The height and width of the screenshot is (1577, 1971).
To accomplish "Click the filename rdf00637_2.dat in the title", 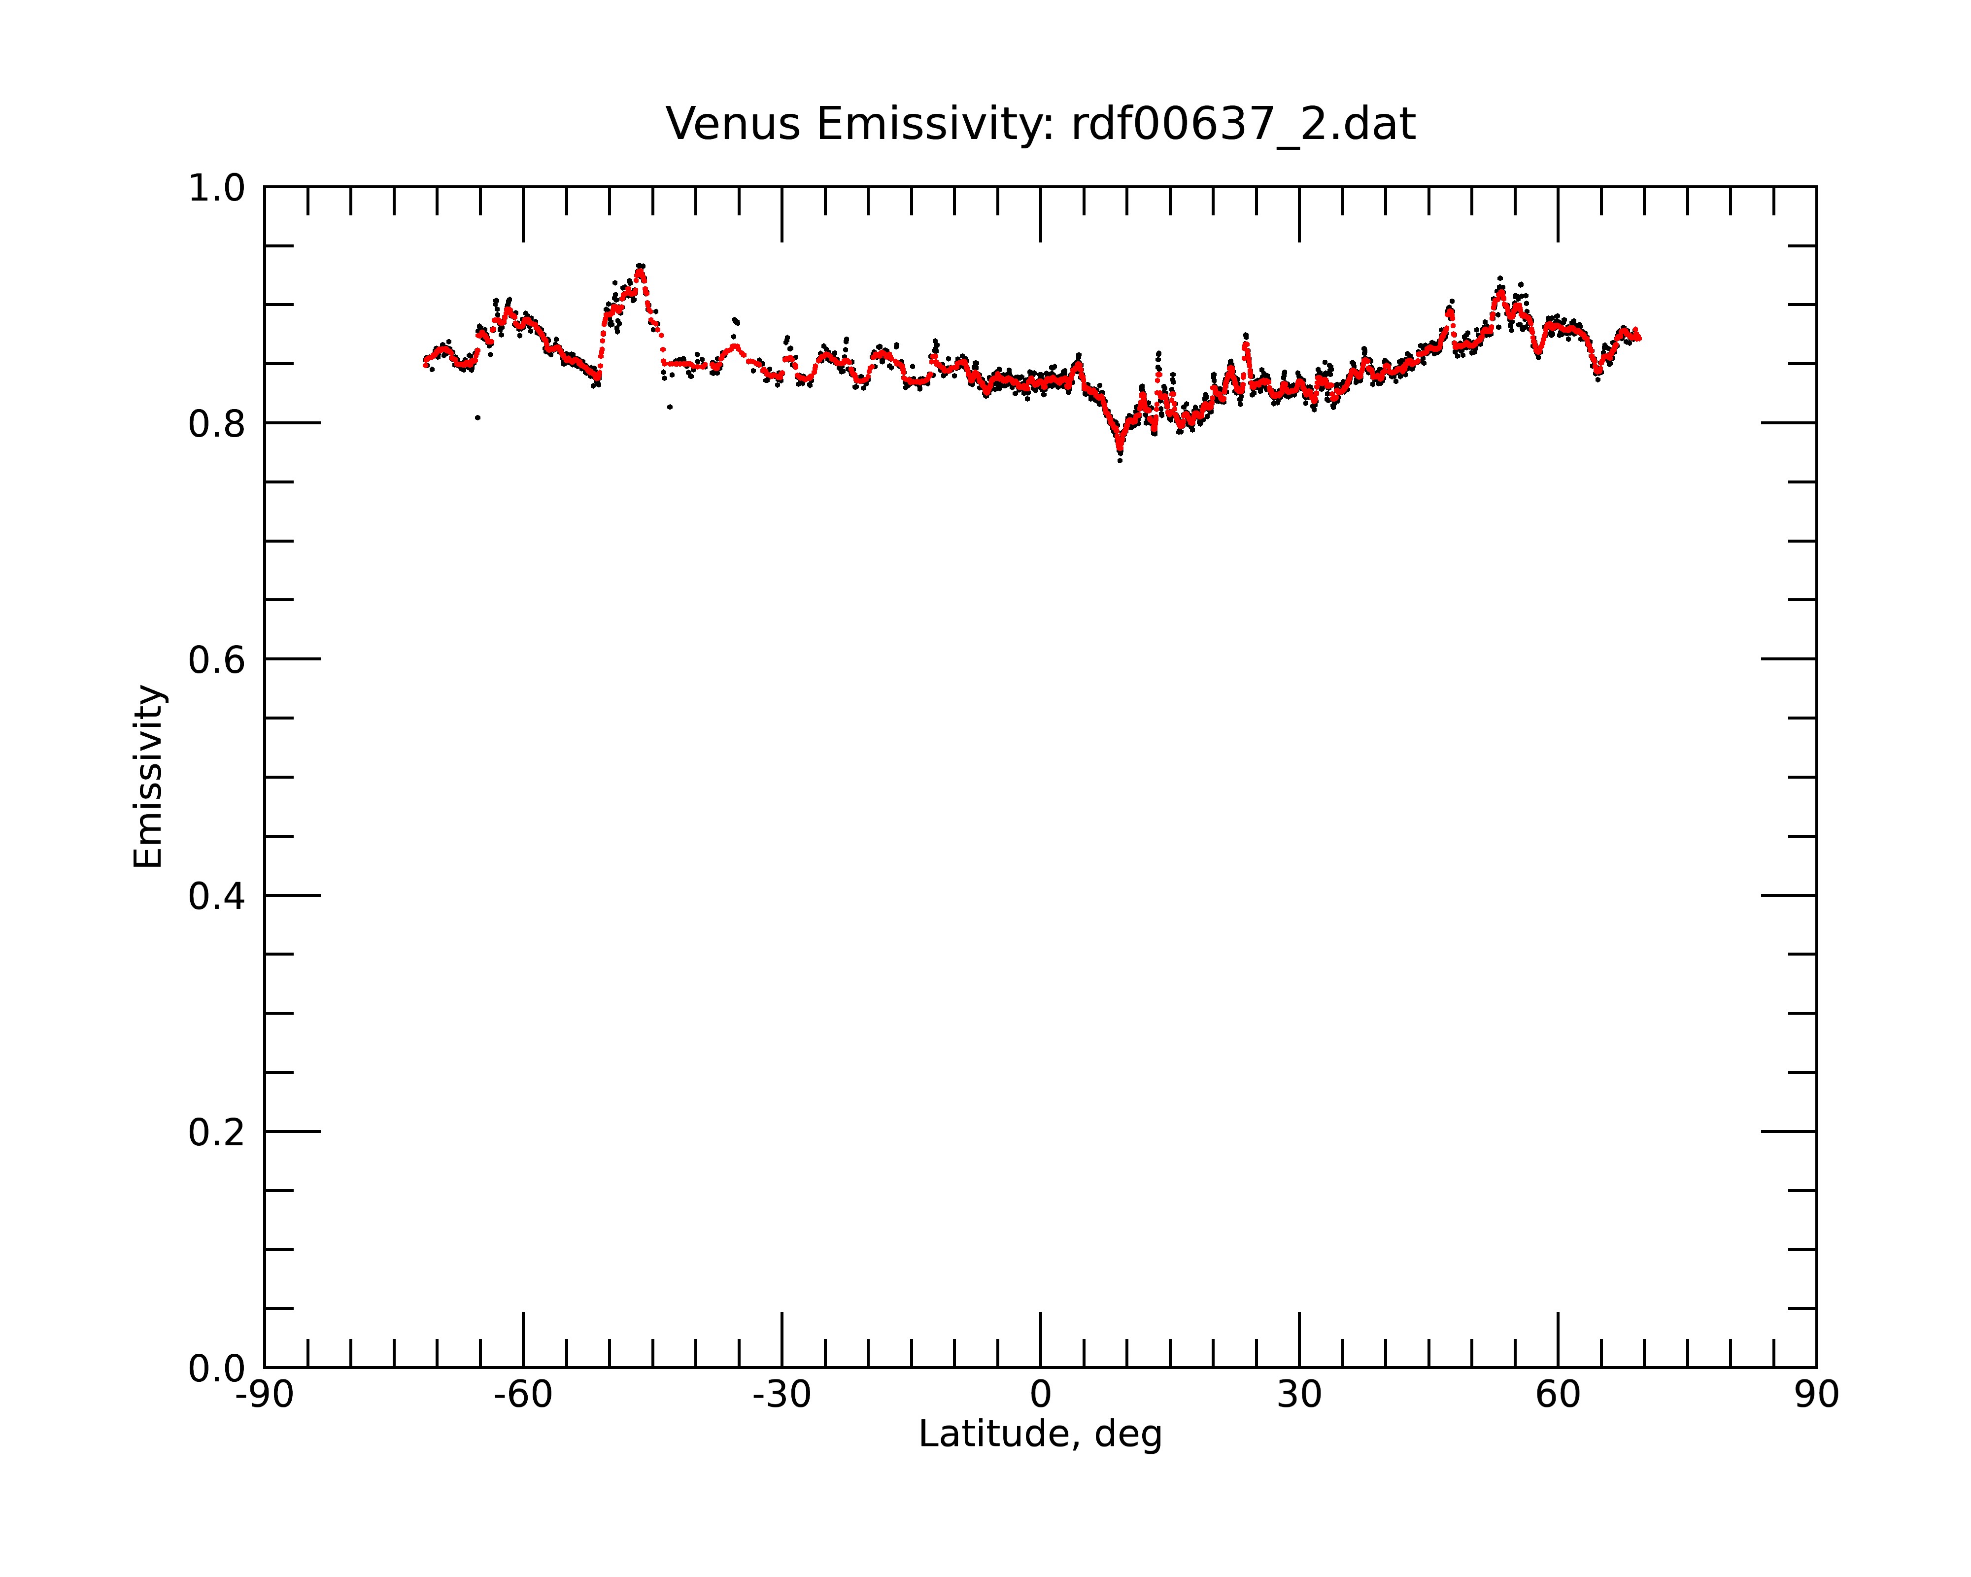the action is (1243, 124).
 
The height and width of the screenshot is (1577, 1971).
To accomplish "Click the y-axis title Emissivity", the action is (148, 776).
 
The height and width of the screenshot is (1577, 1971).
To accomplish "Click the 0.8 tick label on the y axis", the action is (217, 424).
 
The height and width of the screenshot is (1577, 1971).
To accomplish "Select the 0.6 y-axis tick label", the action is (217, 660).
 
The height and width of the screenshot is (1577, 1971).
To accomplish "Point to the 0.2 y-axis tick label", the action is (217, 1132).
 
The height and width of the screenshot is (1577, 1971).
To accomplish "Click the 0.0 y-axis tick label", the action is (217, 1369).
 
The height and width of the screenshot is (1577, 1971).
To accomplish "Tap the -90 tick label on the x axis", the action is (264, 1395).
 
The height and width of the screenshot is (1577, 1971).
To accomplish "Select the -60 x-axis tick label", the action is (523, 1395).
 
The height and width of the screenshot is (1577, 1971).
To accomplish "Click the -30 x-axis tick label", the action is (782, 1395).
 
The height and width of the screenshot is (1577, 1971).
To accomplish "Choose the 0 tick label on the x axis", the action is (1040, 1395).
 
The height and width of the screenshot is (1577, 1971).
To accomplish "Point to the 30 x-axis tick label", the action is (1299, 1395).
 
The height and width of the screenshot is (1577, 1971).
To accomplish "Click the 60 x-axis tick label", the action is (1558, 1395).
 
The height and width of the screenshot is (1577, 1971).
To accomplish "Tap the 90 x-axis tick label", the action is (1816, 1395).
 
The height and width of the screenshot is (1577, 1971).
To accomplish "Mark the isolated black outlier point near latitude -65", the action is (477, 418).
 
